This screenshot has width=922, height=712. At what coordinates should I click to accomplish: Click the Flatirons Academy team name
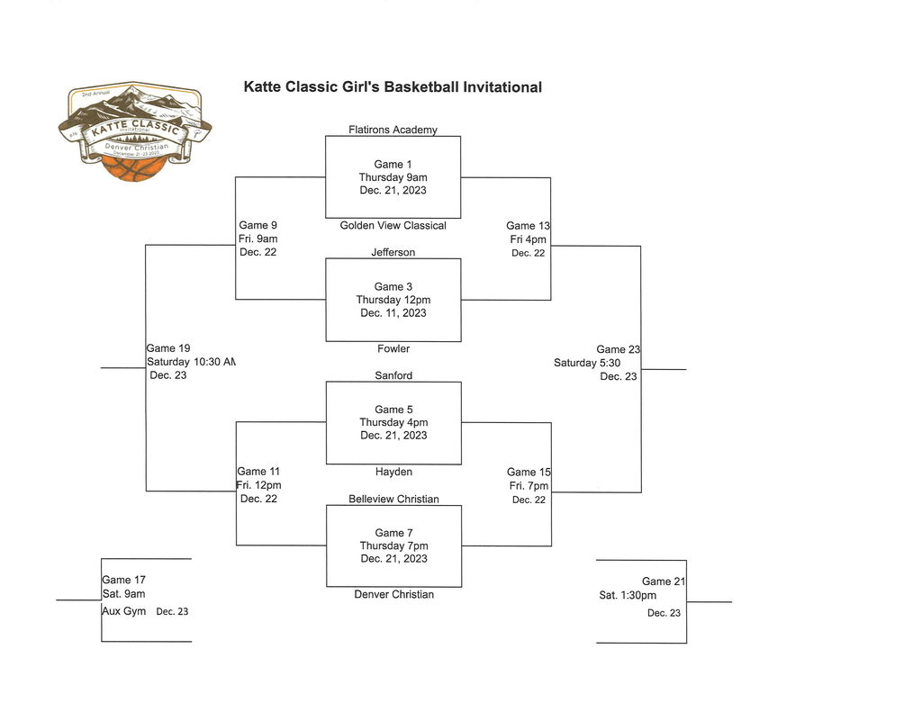click(393, 130)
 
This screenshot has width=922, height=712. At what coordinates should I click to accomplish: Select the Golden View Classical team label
click(393, 225)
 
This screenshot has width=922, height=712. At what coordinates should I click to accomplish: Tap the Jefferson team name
click(393, 252)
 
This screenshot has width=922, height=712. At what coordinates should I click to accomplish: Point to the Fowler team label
click(393, 348)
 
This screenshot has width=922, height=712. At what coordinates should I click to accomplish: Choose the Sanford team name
click(393, 375)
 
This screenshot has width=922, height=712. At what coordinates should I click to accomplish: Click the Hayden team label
click(393, 472)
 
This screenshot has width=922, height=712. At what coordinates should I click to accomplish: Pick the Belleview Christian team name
click(393, 499)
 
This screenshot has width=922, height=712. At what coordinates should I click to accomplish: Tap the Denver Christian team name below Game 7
click(393, 594)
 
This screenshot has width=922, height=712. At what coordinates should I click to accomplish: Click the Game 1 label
click(393, 164)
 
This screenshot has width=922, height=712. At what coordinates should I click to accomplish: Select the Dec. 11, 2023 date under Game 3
click(393, 313)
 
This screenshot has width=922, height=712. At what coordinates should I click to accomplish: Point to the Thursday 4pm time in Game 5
click(393, 422)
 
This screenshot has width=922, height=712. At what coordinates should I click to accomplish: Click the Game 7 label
click(393, 533)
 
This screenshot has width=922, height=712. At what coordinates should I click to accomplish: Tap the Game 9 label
click(258, 225)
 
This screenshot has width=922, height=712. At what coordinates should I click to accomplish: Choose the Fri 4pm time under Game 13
click(528, 239)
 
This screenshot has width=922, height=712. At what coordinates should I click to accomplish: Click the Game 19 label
click(168, 348)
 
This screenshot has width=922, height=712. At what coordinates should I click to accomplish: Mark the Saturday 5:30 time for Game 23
click(587, 363)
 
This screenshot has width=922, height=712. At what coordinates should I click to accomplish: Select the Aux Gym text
click(123, 611)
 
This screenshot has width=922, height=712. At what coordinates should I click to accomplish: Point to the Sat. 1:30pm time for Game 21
click(628, 595)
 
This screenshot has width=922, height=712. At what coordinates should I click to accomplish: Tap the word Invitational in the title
click(502, 87)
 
